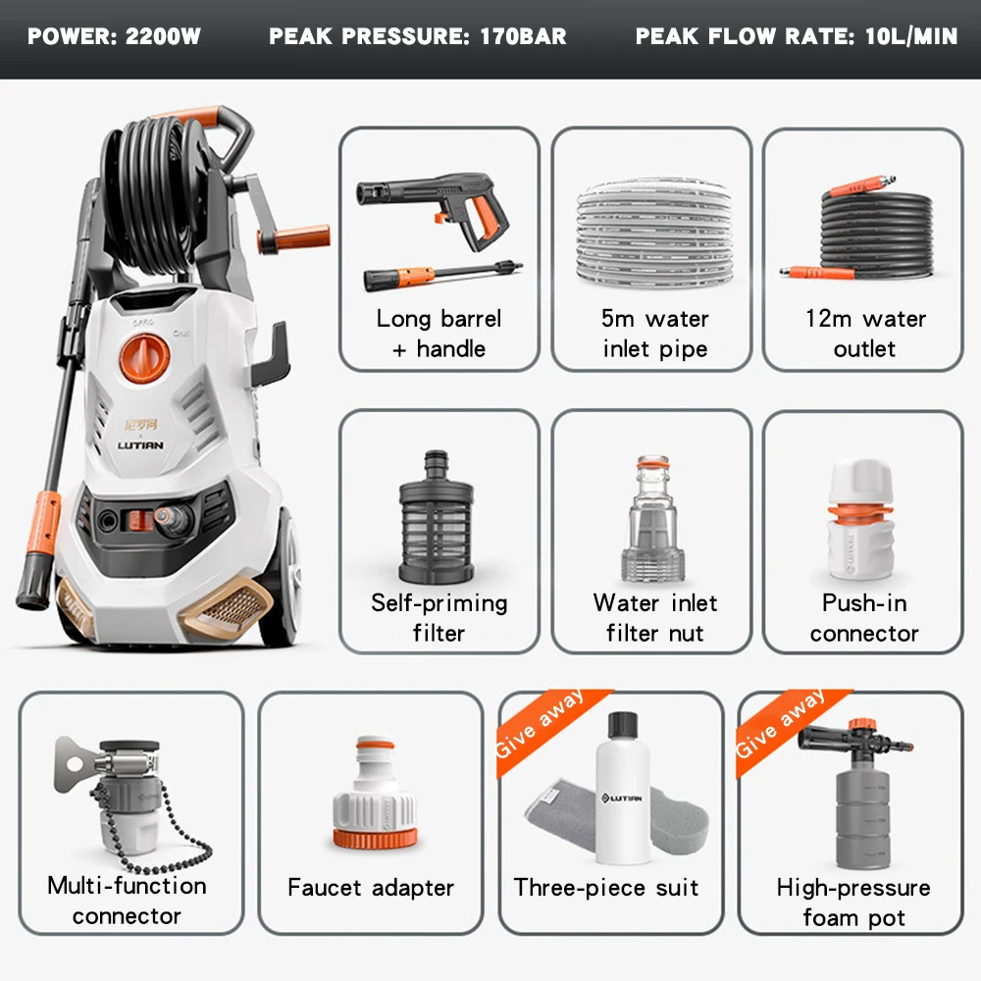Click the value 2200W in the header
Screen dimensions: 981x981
(x=164, y=37)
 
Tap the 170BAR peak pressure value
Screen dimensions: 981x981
(x=523, y=37)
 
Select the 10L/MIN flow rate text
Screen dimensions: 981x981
(x=911, y=37)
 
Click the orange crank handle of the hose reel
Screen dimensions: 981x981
(x=293, y=238)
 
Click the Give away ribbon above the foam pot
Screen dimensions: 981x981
(x=781, y=724)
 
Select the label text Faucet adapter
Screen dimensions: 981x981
(x=371, y=888)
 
